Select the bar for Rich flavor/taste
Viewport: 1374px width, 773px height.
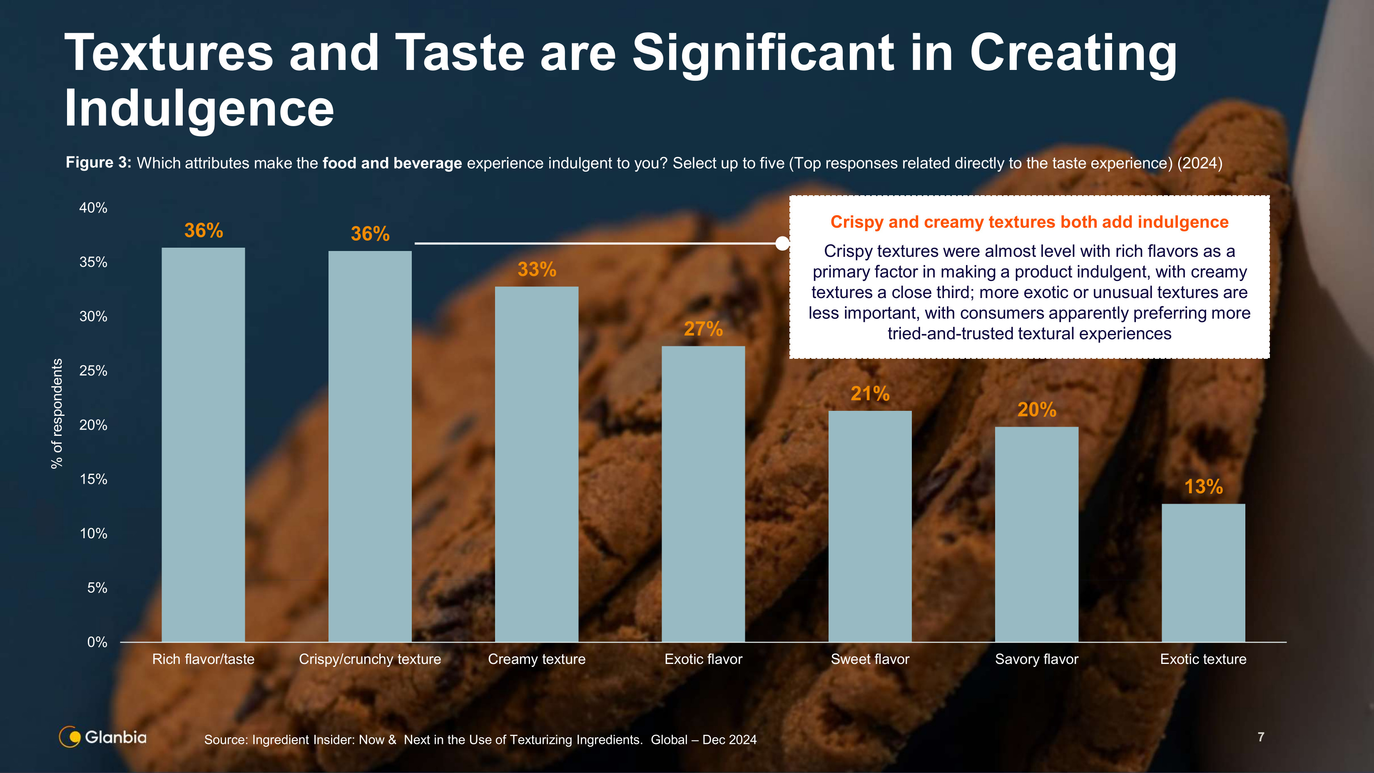click(x=203, y=445)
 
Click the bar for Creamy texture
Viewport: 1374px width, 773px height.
click(x=537, y=464)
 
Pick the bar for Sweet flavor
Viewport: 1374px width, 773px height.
click(x=870, y=526)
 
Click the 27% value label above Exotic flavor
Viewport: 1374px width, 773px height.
click(x=703, y=329)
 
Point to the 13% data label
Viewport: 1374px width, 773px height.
click(x=1203, y=487)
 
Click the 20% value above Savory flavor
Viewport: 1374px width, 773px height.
click(x=1036, y=410)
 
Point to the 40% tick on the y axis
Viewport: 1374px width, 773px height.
click(x=93, y=208)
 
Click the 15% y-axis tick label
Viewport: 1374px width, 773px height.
click(x=93, y=479)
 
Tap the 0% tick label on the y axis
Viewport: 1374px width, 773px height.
click(x=97, y=642)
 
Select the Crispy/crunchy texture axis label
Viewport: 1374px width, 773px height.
click(x=370, y=659)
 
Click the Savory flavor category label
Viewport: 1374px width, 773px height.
click(x=1036, y=659)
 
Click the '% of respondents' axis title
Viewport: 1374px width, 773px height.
click(x=57, y=414)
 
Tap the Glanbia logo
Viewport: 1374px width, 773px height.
click(x=103, y=737)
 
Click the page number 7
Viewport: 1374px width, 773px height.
click(x=1261, y=737)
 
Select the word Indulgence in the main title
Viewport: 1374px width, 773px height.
click(x=199, y=108)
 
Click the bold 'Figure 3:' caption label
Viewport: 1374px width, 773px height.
click(x=98, y=163)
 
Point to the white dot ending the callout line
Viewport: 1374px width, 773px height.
click(x=782, y=244)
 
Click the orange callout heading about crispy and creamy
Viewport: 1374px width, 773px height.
click(x=1029, y=222)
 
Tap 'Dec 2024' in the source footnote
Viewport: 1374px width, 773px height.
click(x=729, y=740)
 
